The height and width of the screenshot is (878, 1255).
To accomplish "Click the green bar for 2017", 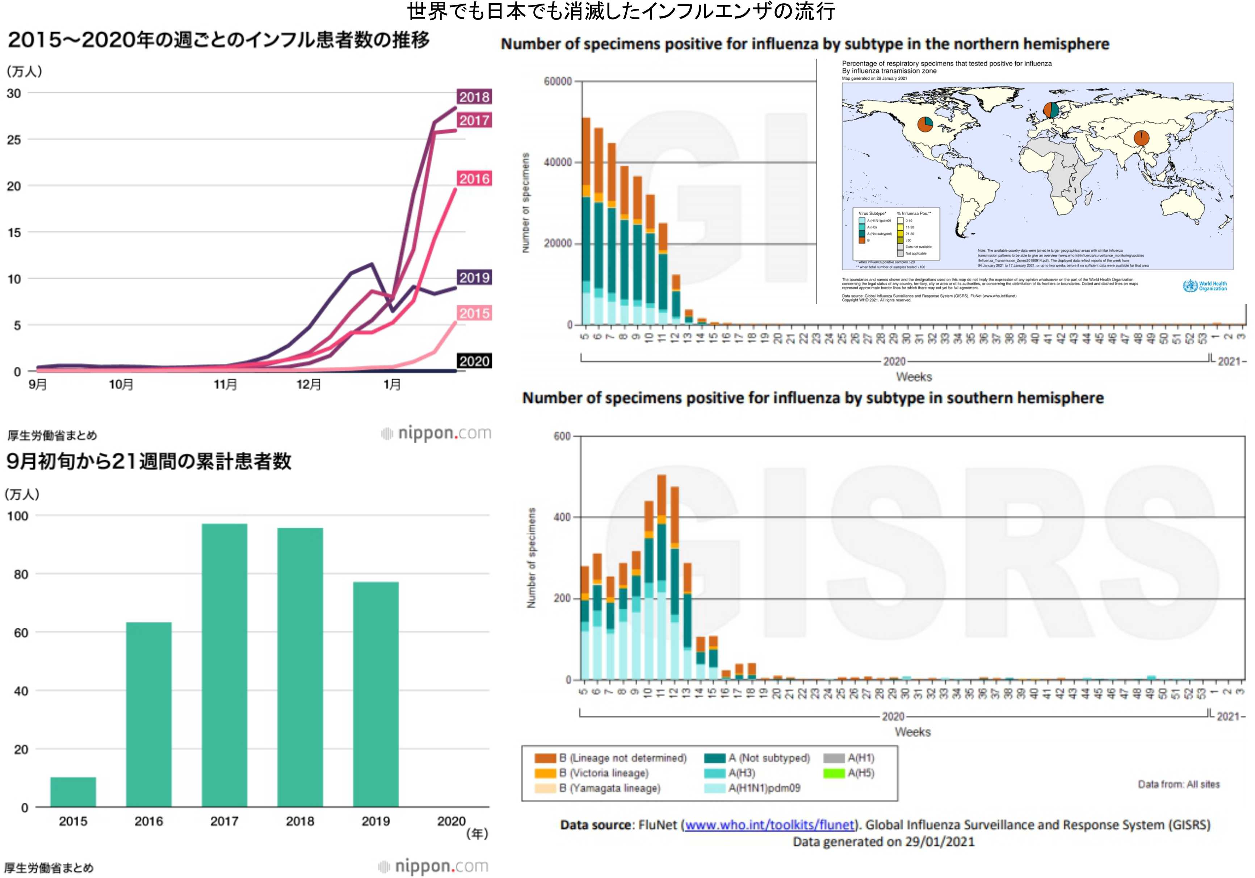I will pyautogui.click(x=224, y=664).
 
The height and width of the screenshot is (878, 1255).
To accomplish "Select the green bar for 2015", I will pyautogui.click(x=73, y=792).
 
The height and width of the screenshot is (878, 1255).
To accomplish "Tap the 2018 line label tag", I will pyautogui.click(x=474, y=97).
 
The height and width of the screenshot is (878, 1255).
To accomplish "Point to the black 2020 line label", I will pyautogui.click(x=474, y=361).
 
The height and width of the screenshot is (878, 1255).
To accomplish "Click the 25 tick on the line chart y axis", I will pyautogui.click(x=14, y=140).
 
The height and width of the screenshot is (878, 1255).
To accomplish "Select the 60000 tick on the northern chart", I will pyautogui.click(x=558, y=81).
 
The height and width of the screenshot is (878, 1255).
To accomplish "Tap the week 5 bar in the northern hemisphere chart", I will pyautogui.click(x=586, y=221).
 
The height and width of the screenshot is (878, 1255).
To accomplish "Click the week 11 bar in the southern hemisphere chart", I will pyautogui.click(x=662, y=577).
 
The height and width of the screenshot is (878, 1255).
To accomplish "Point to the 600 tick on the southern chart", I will pyautogui.click(x=562, y=436).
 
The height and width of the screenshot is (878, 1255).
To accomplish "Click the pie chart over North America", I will pyautogui.click(x=925, y=124).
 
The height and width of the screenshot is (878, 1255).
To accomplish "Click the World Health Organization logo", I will pyautogui.click(x=1204, y=286).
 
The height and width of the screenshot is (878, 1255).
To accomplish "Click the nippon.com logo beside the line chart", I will pyautogui.click(x=436, y=433).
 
